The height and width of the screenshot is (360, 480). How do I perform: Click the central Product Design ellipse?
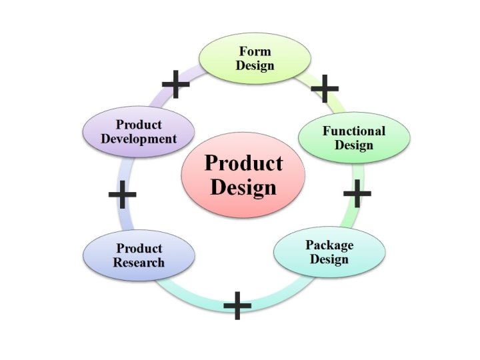coord(243,174)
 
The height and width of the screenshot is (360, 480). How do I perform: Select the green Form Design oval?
coord(255,58)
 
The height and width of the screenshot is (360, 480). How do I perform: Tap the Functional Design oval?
coord(353,137)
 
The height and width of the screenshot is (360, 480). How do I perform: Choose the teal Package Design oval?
coord(329,251)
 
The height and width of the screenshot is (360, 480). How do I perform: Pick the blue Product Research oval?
coord(139,255)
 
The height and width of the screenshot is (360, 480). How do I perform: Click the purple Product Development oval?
coord(139,131)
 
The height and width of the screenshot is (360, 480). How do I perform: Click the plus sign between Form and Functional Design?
coord(325,87)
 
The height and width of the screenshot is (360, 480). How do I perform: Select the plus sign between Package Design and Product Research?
coord(237,305)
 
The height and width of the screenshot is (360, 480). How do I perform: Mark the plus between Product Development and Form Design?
coord(175,84)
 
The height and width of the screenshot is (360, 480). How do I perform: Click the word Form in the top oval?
coord(255,51)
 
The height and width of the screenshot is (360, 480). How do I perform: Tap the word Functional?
coord(354,131)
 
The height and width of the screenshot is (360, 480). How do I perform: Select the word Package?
coord(329,245)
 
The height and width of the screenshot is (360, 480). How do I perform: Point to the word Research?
coord(139,263)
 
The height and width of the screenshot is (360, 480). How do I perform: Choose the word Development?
coord(139,139)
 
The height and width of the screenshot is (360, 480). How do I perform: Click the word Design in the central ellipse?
coord(243,187)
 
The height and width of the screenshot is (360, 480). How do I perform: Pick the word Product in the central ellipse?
coord(243,163)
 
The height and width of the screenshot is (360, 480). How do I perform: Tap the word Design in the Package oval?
coord(329,259)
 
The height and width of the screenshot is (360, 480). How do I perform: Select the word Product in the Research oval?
coord(139,249)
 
